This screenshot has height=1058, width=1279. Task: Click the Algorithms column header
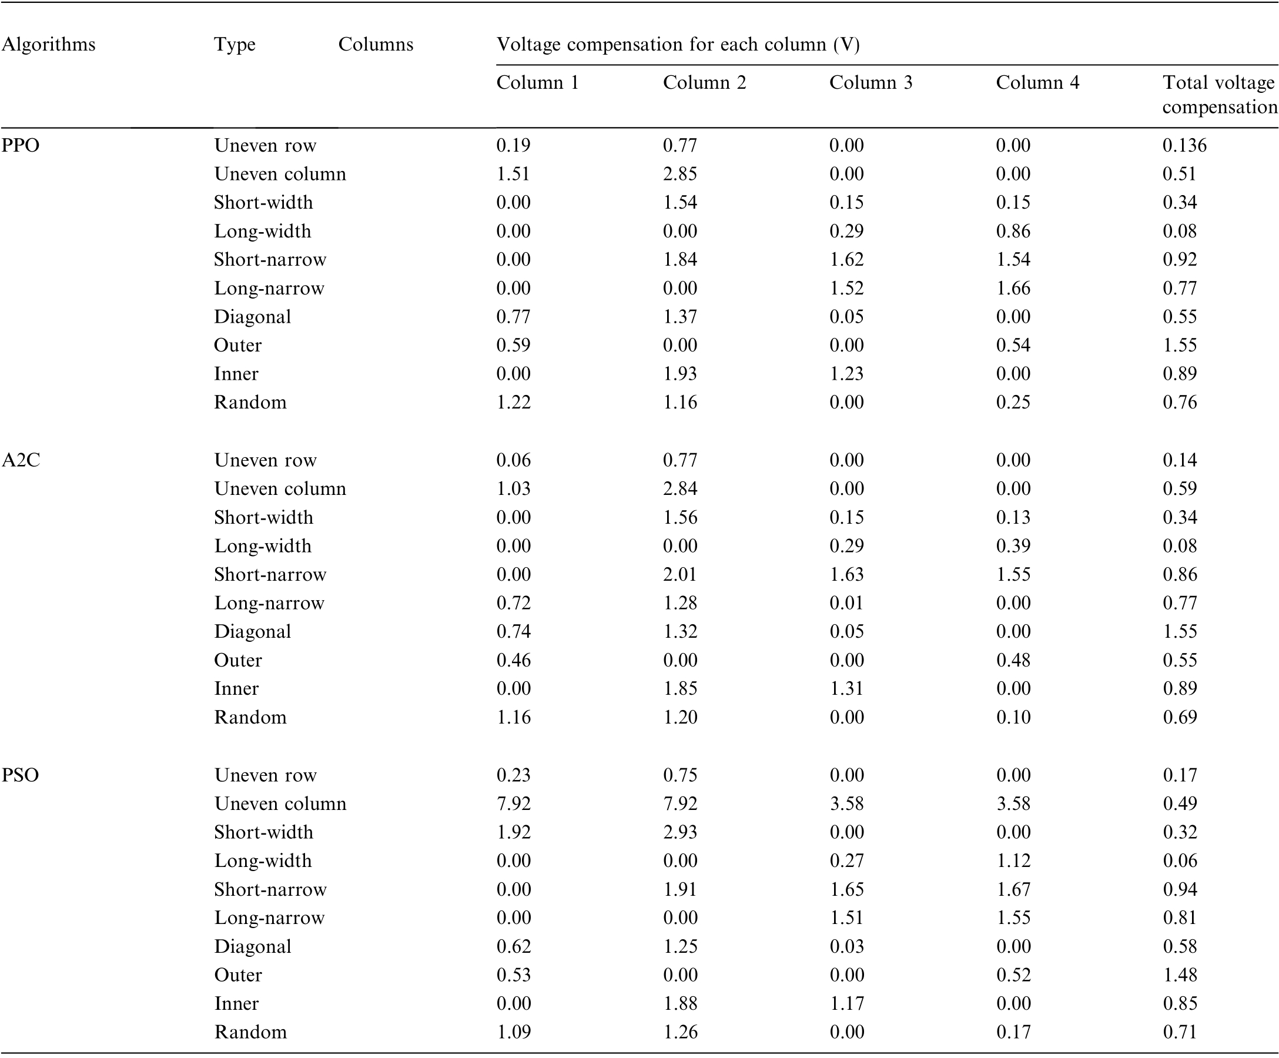coord(49,45)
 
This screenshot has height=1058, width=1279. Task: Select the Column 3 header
coord(871,82)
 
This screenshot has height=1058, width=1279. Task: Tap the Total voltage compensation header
coord(1220,95)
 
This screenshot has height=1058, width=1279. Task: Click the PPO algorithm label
coord(21,145)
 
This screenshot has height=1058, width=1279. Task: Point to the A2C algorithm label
coord(21,460)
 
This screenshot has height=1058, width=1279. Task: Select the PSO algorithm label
coord(20,775)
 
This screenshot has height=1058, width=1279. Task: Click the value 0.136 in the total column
coord(1184,145)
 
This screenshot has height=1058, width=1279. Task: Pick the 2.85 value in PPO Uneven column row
coord(680,173)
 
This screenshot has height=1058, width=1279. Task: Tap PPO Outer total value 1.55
coord(1180,345)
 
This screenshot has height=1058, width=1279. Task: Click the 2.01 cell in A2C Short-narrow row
coord(680,574)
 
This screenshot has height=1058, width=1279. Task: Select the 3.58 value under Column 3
coord(846,803)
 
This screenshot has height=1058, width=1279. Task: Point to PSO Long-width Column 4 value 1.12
coord(1013,860)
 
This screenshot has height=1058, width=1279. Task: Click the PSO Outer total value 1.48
coord(1180,975)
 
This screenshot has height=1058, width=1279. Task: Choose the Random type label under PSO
coord(250,1032)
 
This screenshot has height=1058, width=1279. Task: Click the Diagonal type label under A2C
coord(253,631)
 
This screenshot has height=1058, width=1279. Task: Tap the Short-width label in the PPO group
coord(264,202)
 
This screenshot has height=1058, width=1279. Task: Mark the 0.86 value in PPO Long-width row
coord(1013,231)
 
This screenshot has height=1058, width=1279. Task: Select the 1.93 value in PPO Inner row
coord(680,373)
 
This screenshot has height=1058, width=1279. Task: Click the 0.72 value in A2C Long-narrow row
coord(514,602)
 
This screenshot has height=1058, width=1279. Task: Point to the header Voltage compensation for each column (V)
coord(678,45)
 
